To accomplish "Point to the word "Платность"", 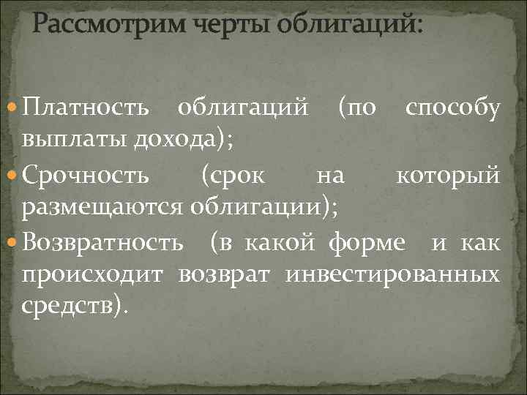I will pyautogui.click(x=86, y=108).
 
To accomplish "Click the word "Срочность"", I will pyautogui.click(x=86, y=175).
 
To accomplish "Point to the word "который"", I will pyautogui.click(x=448, y=175).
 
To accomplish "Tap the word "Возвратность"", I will pyautogui.click(x=103, y=242).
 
